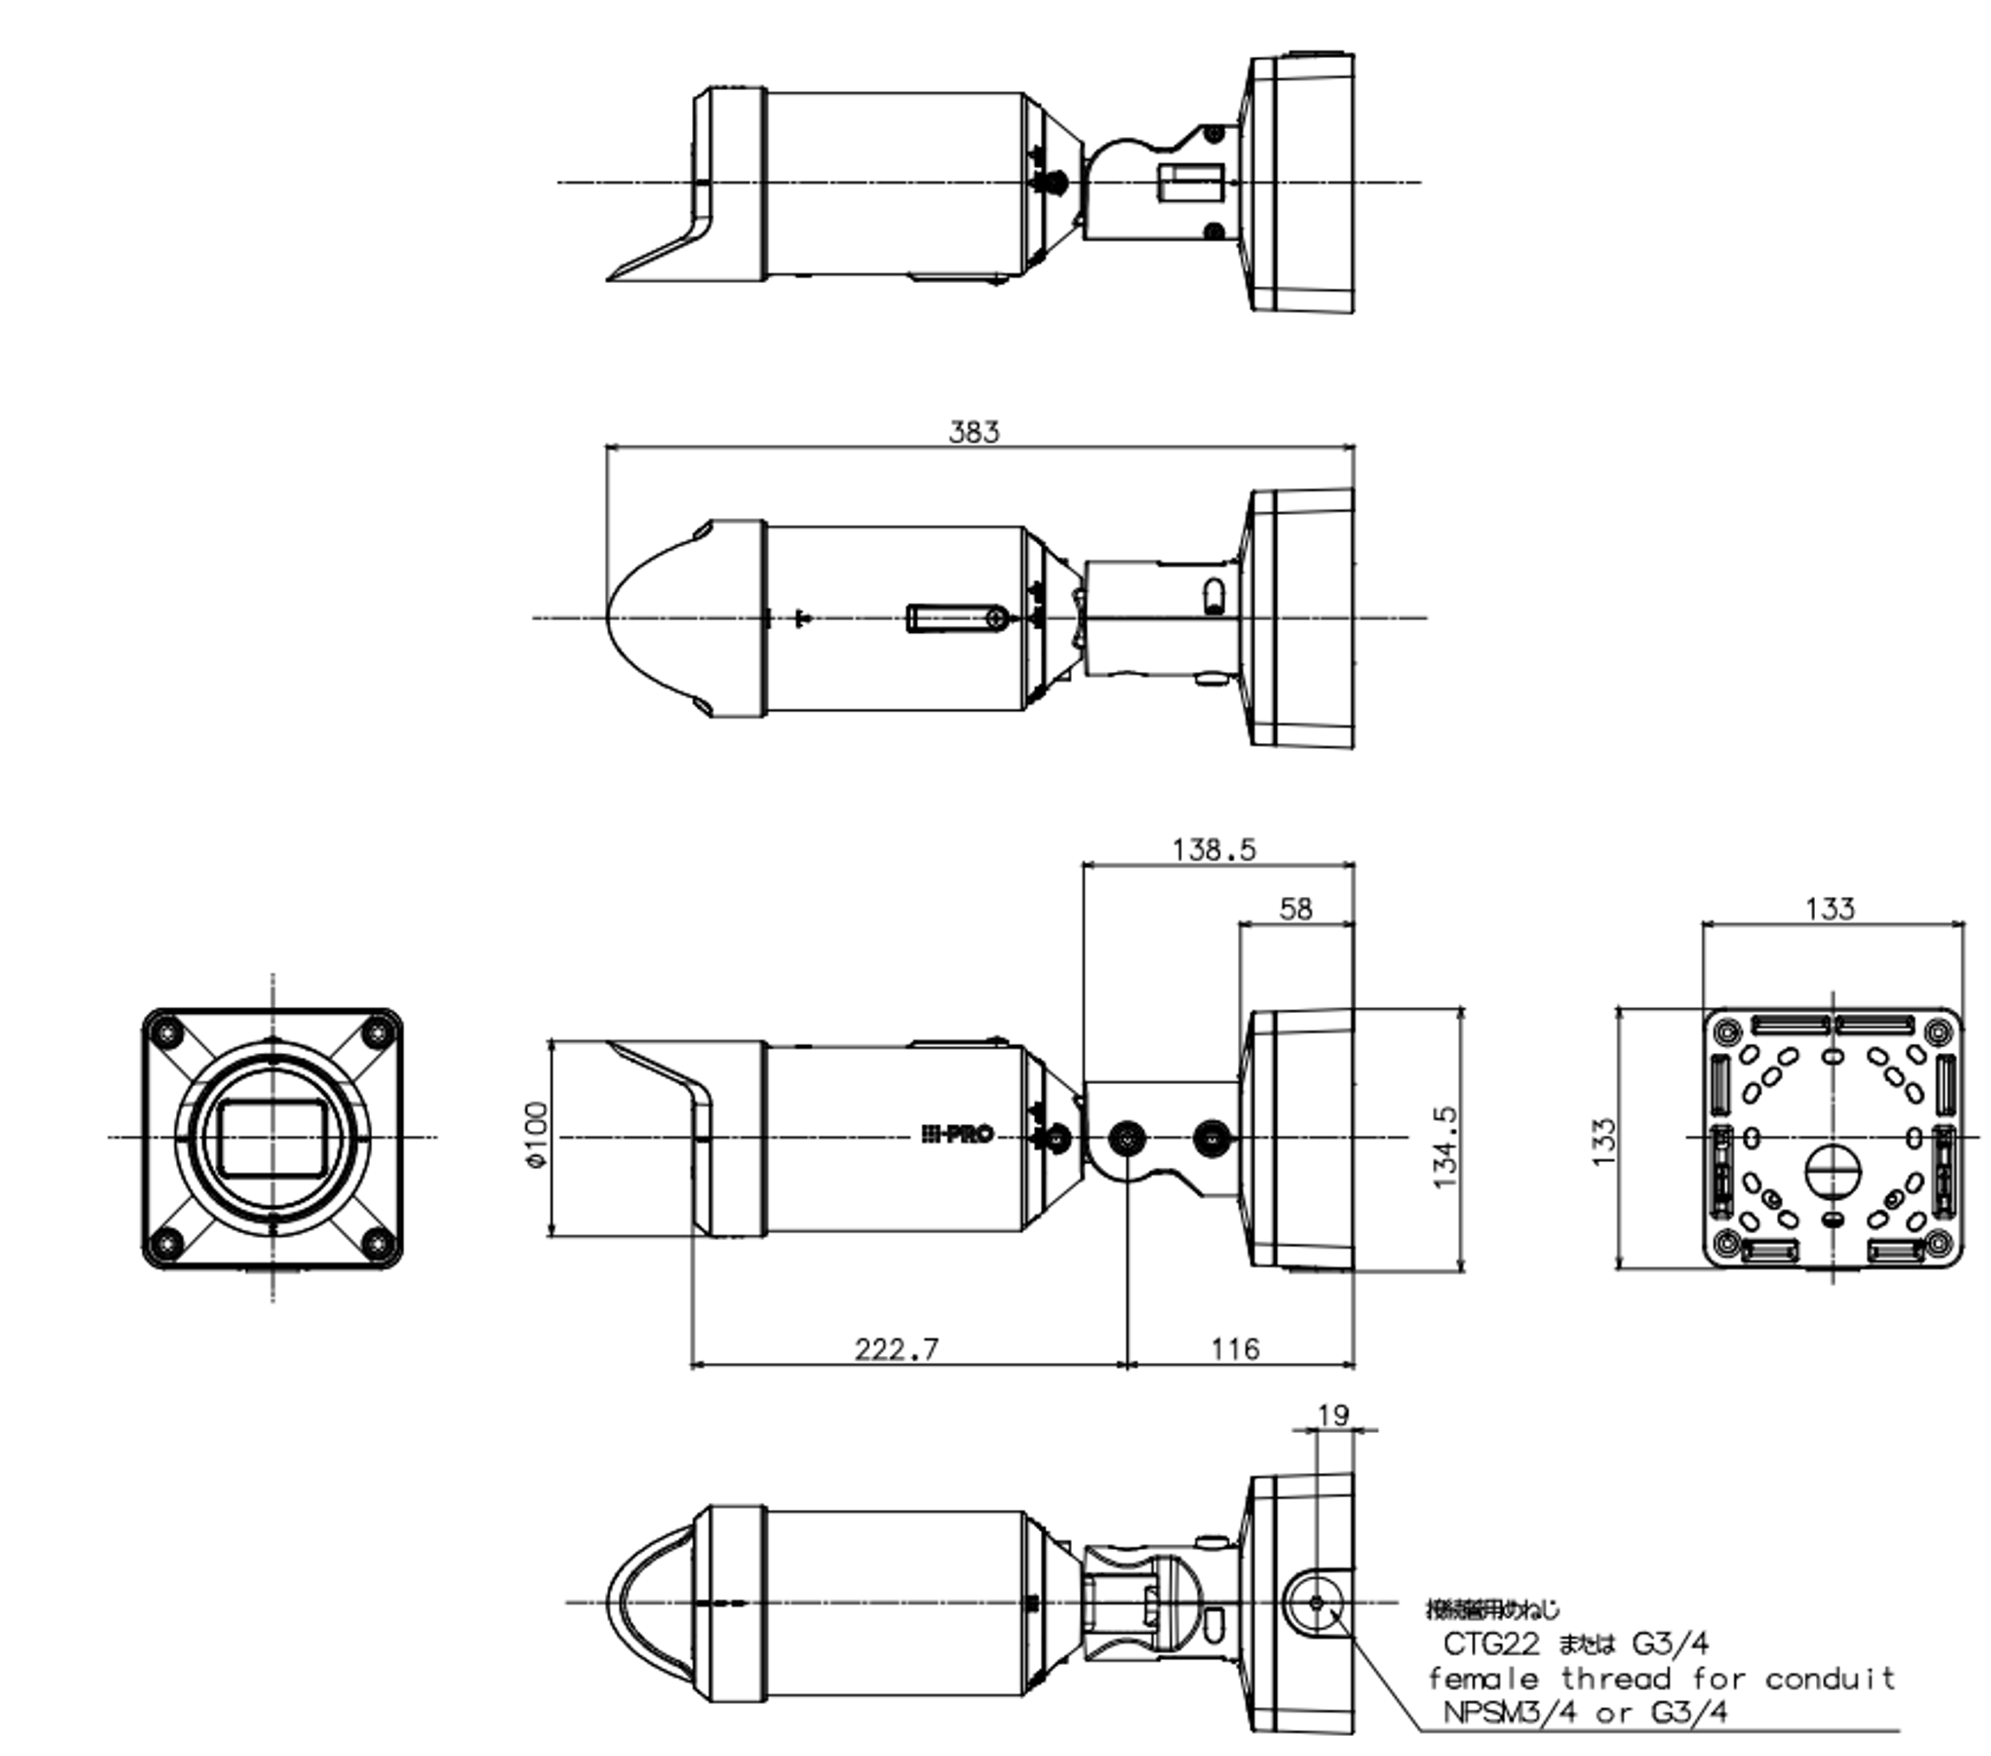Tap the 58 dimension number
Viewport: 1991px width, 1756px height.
[x=1295, y=909]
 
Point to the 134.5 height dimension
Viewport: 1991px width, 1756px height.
[x=1446, y=1146]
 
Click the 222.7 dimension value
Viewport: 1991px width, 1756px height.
[x=896, y=1349]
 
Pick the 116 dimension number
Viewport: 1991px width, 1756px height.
[x=1234, y=1349]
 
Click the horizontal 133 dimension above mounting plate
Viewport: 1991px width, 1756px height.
[x=1829, y=909]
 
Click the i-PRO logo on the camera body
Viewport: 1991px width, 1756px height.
[x=957, y=1134]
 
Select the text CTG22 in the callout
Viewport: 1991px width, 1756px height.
[x=1490, y=1645]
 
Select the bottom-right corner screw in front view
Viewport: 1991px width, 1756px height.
[x=377, y=1244]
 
